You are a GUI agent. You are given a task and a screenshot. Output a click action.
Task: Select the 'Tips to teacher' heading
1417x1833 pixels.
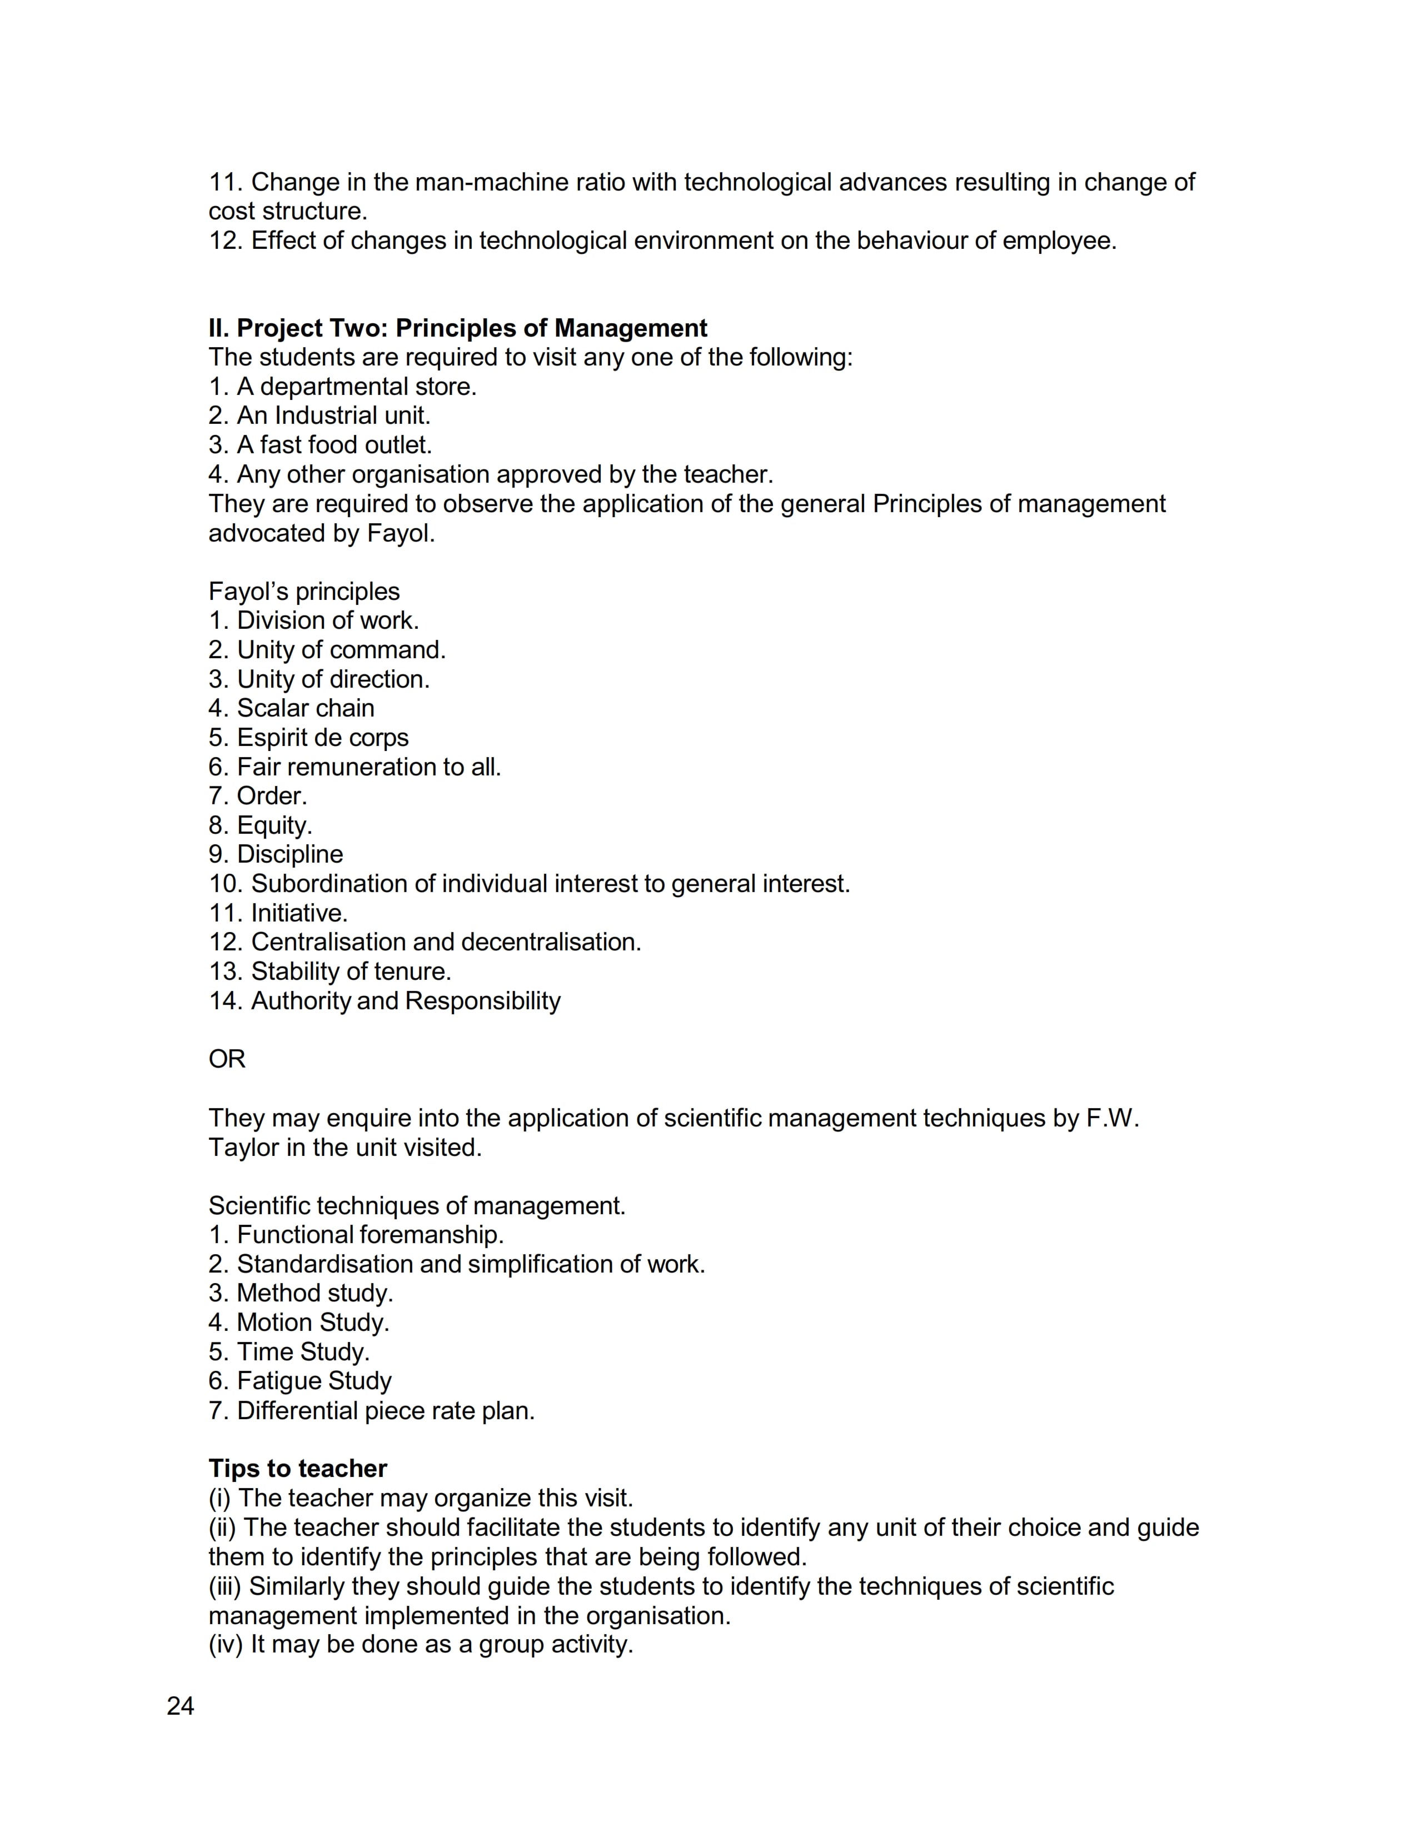[x=297, y=1468]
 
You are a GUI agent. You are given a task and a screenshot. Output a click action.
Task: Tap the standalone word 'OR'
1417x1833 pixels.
[x=227, y=1059]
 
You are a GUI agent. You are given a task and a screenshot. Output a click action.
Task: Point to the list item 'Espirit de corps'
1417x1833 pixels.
[x=322, y=737]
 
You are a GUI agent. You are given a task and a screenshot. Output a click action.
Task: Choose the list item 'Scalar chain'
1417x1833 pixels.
[x=306, y=708]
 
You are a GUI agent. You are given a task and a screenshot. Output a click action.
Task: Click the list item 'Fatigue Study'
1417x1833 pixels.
[x=314, y=1381]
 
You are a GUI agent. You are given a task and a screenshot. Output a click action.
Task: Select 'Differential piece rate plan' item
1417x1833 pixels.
[x=385, y=1410]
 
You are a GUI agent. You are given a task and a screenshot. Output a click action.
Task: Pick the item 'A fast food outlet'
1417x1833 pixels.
[x=334, y=445]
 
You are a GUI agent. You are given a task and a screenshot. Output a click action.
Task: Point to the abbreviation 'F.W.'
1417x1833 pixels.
[x=1112, y=1118]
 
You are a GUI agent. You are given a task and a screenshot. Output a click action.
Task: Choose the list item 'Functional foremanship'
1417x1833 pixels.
[x=370, y=1235]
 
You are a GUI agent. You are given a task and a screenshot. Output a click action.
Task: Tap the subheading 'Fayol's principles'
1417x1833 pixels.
[x=304, y=591]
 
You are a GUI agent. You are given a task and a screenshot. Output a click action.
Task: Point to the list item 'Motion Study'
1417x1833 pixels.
[x=312, y=1322]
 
